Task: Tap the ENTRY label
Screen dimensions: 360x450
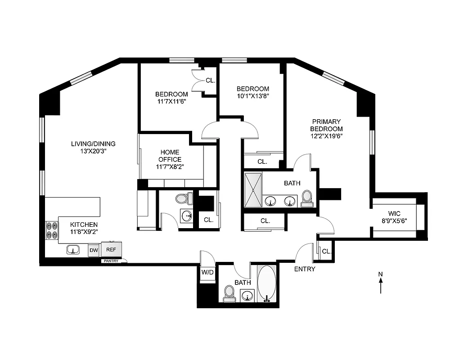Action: click(x=305, y=269)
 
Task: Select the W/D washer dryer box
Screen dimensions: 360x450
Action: click(x=207, y=272)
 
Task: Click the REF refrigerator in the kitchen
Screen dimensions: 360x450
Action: click(x=111, y=249)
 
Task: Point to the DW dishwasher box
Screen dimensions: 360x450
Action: click(x=94, y=250)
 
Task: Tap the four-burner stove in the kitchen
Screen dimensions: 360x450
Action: click(x=51, y=229)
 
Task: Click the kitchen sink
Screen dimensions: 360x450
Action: click(x=73, y=250)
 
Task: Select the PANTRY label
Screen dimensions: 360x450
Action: click(x=111, y=261)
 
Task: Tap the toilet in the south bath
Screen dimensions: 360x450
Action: click(x=229, y=294)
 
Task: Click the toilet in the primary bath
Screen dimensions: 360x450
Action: click(x=307, y=198)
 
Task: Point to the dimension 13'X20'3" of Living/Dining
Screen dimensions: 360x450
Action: click(x=93, y=151)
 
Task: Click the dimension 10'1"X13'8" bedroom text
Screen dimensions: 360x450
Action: click(x=253, y=96)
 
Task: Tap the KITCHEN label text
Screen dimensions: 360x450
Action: click(x=84, y=225)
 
